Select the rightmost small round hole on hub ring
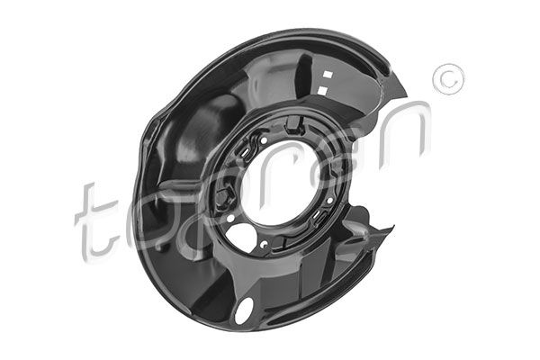[330, 200]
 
